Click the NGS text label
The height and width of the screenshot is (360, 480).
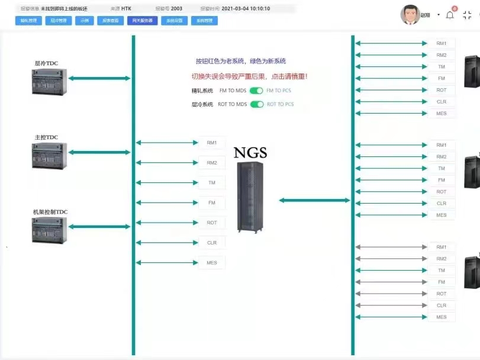pos(250,153)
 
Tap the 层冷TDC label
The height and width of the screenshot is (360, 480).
pos(46,63)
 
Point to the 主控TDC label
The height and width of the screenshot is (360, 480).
pos(46,137)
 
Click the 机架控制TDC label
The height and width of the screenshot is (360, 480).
pos(50,211)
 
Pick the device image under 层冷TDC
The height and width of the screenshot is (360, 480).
pos(49,82)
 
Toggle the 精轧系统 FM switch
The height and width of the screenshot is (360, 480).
pos(256,91)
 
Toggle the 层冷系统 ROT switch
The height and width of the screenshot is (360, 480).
pos(257,104)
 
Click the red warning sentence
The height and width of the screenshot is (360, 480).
pos(249,76)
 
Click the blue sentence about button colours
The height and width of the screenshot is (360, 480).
pos(241,61)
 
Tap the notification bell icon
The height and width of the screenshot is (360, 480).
pos(450,15)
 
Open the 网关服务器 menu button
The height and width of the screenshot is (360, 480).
pos(142,21)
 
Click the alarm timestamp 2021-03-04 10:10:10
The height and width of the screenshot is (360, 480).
pos(246,9)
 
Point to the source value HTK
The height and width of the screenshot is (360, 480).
pos(126,9)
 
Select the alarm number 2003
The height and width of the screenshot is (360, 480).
pos(176,9)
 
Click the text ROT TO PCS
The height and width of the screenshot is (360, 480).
pos(280,104)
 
